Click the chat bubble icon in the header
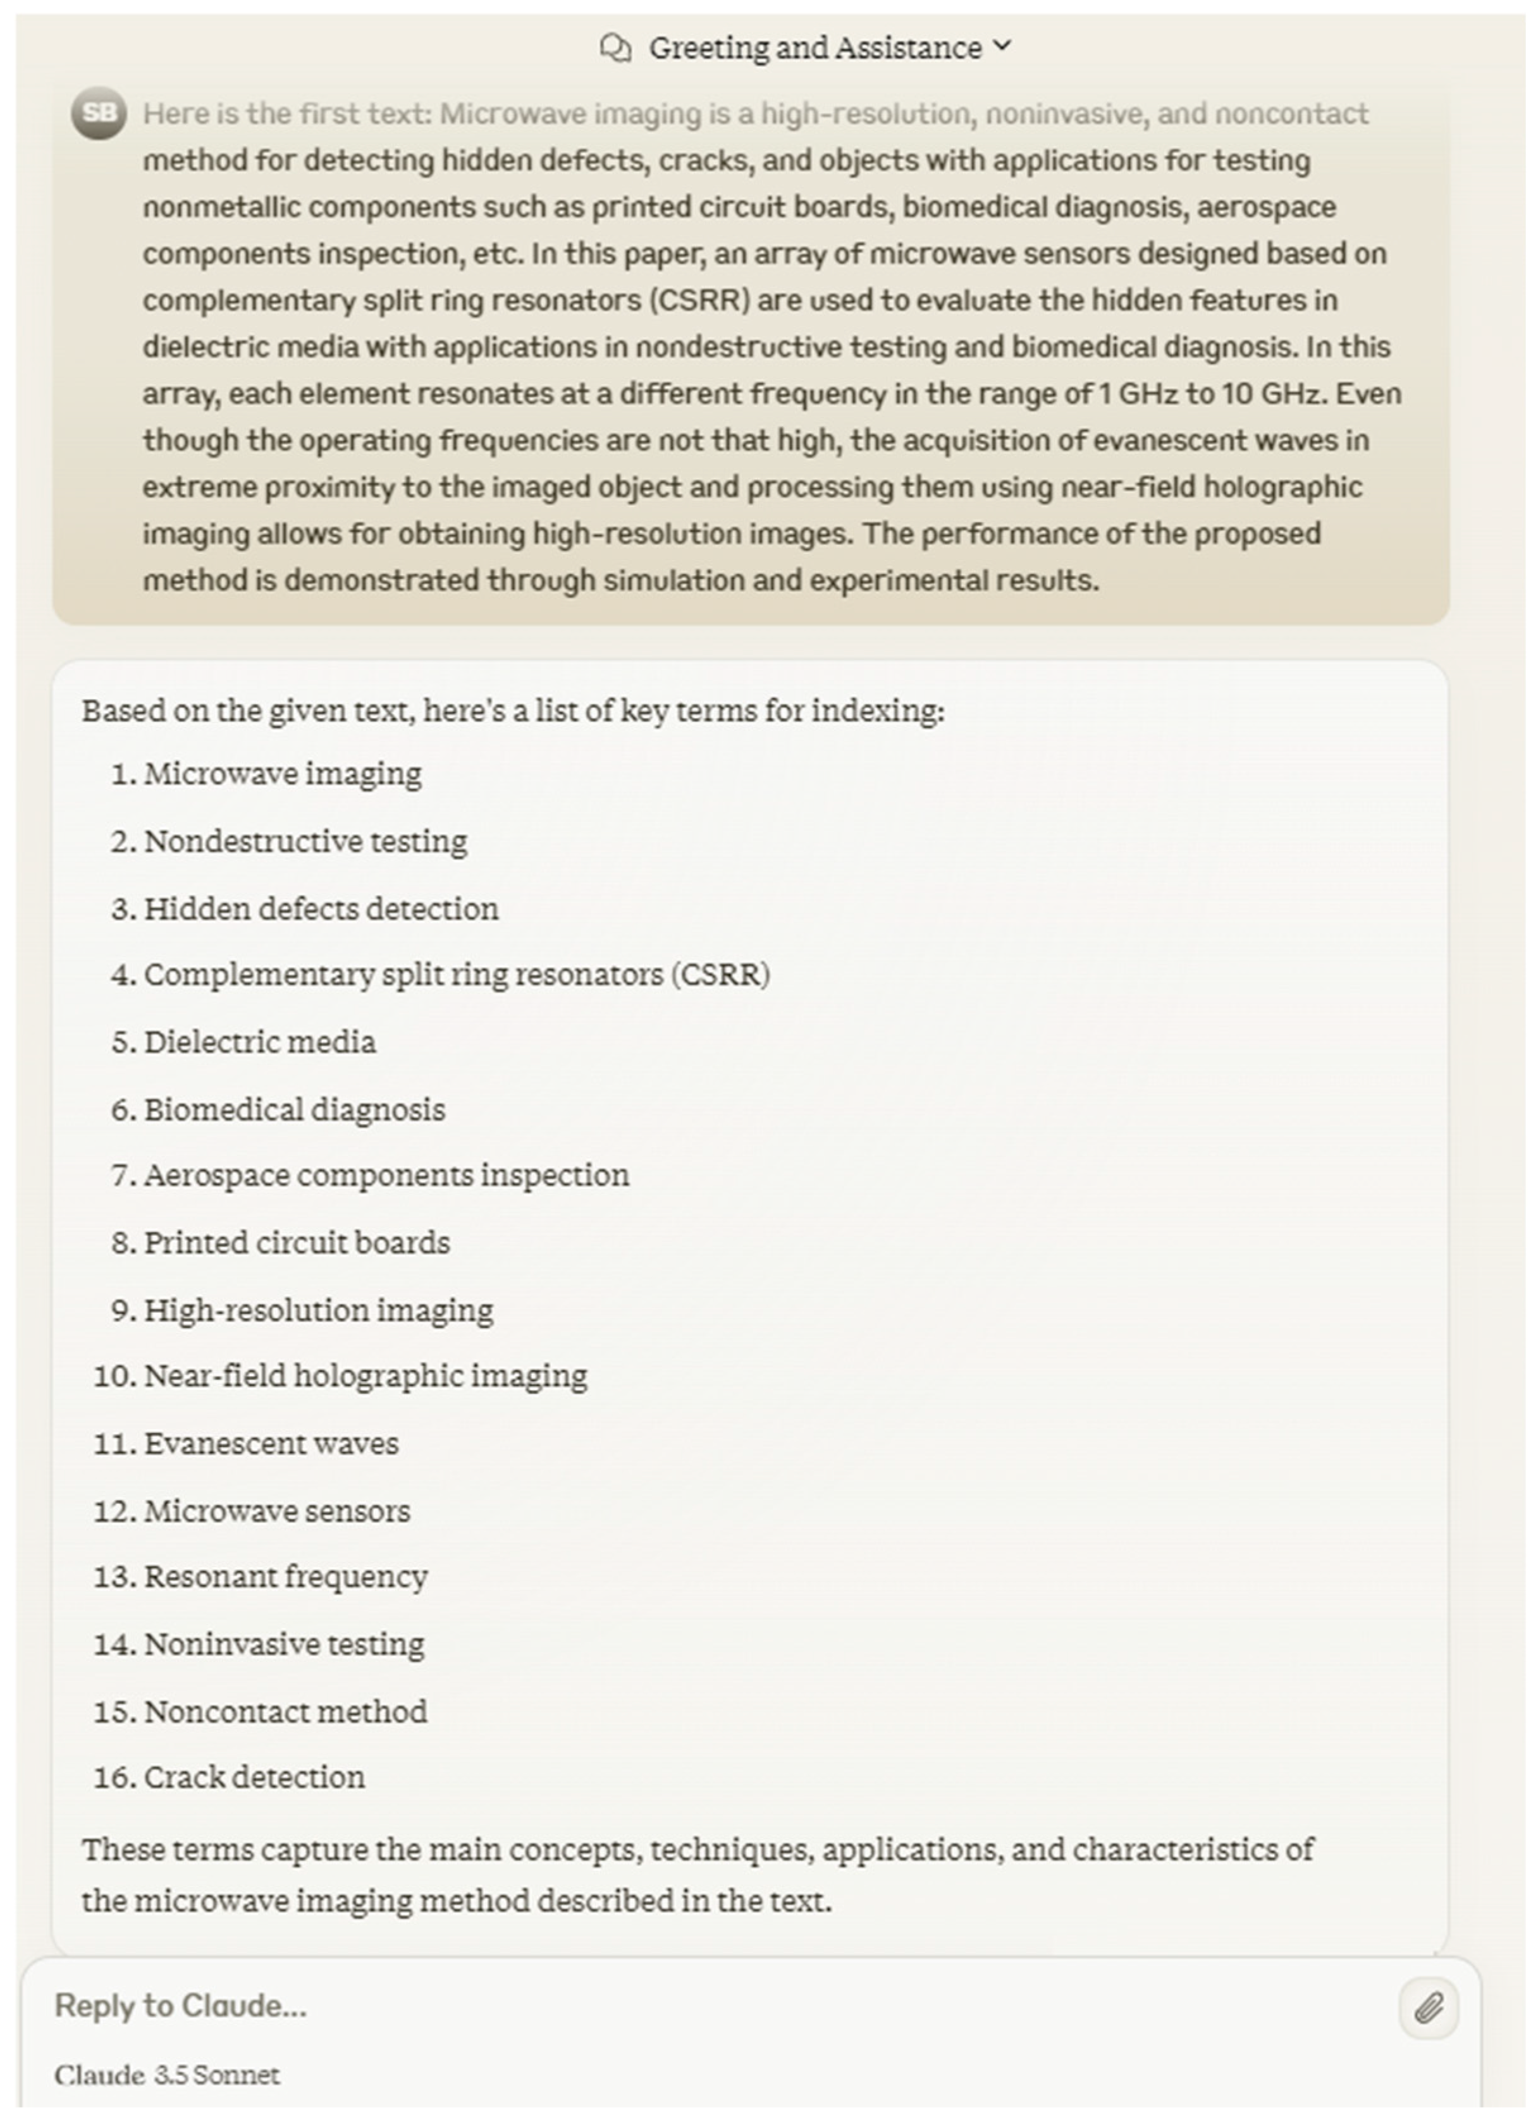[615, 47]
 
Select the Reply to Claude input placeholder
[181, 2006]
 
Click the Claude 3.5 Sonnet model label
[166, 2075]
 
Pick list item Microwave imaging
[282, 774]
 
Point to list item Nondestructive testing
[305, 841]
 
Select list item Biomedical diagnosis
[294, 1109]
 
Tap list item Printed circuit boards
[297, 1243]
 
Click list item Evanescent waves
[271, 1444]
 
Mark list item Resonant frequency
[285, 1576]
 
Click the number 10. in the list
[114, 1376]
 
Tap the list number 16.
[114, 1777]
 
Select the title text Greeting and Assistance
[815, 47]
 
